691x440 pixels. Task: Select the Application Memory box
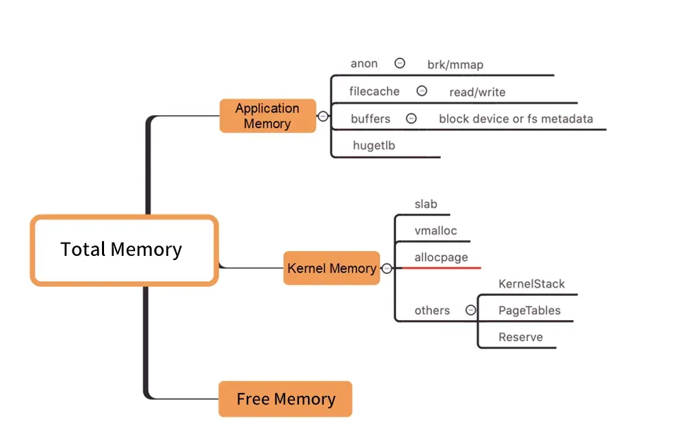click(267, 116)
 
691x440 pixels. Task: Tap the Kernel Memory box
click(331, 268)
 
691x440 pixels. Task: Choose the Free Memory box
click(285, 399)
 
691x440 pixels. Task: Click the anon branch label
click(364, 63)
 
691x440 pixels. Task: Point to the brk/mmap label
click(455, 65)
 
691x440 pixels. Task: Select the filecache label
click(374, 91)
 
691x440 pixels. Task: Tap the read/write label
click(477, 92)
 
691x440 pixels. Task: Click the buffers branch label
click(370, 119)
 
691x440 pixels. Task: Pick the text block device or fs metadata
click(515, 119)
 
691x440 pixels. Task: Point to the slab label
click(426, 204)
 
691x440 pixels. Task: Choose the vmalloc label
click(435, 230)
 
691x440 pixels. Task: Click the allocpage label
click(441, 257)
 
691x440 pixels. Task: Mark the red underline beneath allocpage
click(437, 267)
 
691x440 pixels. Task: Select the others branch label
click(432, 310)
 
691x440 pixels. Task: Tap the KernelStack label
click(531, 283)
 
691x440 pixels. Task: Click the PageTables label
click(529, 310)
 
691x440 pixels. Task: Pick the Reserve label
click(520, 337)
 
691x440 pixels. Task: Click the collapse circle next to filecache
click(422, 91)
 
